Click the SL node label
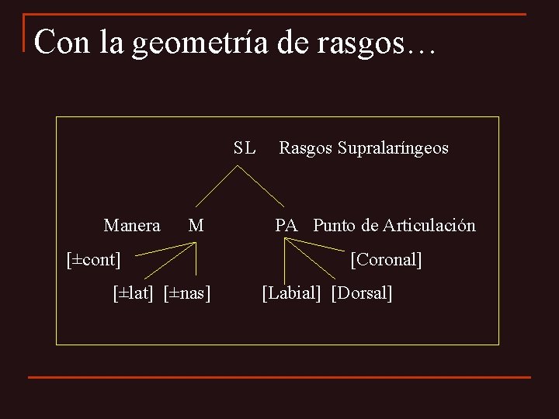click(244, 147)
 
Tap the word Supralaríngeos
click(393, 148)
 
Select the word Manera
click(132, 226)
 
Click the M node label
click(196, 226)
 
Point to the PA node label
click(286, 226)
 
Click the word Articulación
click(427, 226)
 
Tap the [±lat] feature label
click(136, 293)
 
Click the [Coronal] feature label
click(386, 259)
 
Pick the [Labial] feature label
click(291, 293)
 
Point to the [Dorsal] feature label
click(362, 293)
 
